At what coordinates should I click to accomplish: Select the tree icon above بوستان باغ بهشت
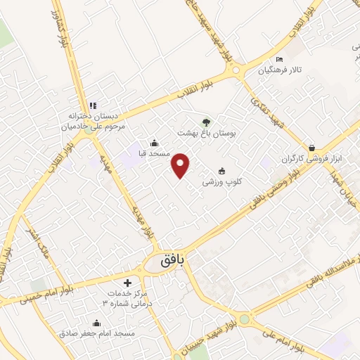(206, 122)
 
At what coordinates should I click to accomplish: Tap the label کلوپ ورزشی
(222, 182)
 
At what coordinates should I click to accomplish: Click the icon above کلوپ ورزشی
(222, 171)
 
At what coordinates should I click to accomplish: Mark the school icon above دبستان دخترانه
(92, 105)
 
